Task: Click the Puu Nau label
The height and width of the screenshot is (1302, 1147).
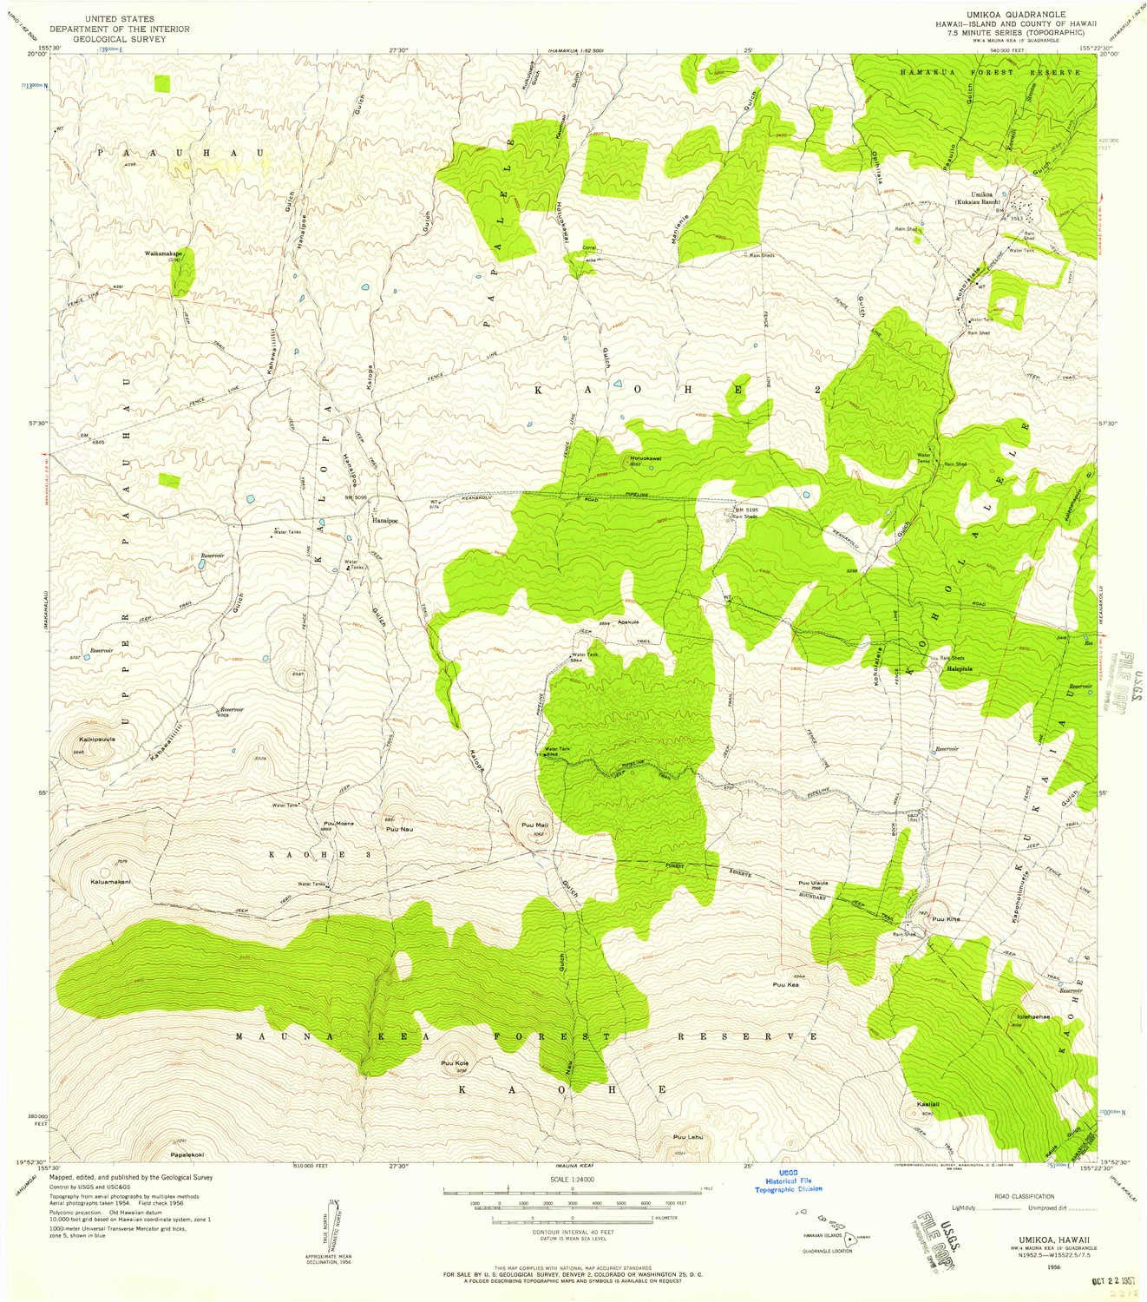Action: [387, 829]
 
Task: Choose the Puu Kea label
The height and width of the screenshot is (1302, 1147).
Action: [785, 985]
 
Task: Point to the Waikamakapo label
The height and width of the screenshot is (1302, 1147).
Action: [163, 253]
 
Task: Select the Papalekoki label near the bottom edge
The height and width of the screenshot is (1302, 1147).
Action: [187, 1155]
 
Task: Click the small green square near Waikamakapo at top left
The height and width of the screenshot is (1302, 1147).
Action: [162, 83]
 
